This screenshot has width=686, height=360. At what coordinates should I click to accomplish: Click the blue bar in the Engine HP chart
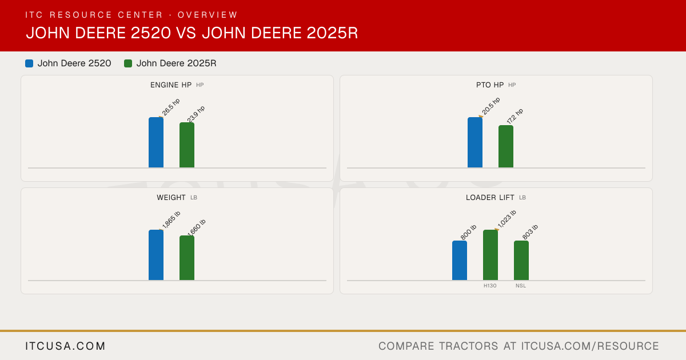click(x=156, y=142)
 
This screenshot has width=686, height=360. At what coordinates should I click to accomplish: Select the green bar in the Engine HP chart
click(x=187, y=145)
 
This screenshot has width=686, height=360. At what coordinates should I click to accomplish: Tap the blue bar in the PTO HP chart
click(x=475, y=142)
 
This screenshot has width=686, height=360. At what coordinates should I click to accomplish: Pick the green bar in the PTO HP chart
click(x=506, y=146)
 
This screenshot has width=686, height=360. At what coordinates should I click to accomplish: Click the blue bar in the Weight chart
click(x=156, y=255)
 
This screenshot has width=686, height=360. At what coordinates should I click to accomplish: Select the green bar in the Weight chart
click(x=187, y=258)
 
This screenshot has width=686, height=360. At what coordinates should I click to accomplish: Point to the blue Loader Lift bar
click(x=460, y=261)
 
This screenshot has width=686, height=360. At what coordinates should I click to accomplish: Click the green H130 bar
click(x=490, y=255)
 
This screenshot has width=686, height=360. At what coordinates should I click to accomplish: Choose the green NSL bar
click(x=521, y=261)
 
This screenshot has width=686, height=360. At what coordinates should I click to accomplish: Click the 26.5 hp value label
click(x=171, y=107)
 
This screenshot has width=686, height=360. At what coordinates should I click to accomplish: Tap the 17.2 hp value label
click(x=515, y=116)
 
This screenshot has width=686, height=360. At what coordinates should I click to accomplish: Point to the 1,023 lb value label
click(x=507, y=219)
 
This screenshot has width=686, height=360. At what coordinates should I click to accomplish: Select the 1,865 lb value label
click(x=171, y=220)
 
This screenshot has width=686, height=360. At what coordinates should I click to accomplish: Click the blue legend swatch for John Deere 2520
click(x=29, y=63)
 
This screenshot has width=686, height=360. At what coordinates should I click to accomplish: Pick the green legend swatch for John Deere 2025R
click(x=128, y=63)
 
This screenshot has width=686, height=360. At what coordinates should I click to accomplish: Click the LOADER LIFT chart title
click(x=490, y=198)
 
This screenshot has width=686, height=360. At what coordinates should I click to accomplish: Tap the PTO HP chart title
click(x=490, y=85)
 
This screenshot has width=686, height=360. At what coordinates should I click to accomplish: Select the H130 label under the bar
click(x=490, y=286)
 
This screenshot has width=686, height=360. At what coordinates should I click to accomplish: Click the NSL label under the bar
click(x=521, y=286)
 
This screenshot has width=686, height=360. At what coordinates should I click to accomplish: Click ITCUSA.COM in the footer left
click(x=65, y=346)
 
